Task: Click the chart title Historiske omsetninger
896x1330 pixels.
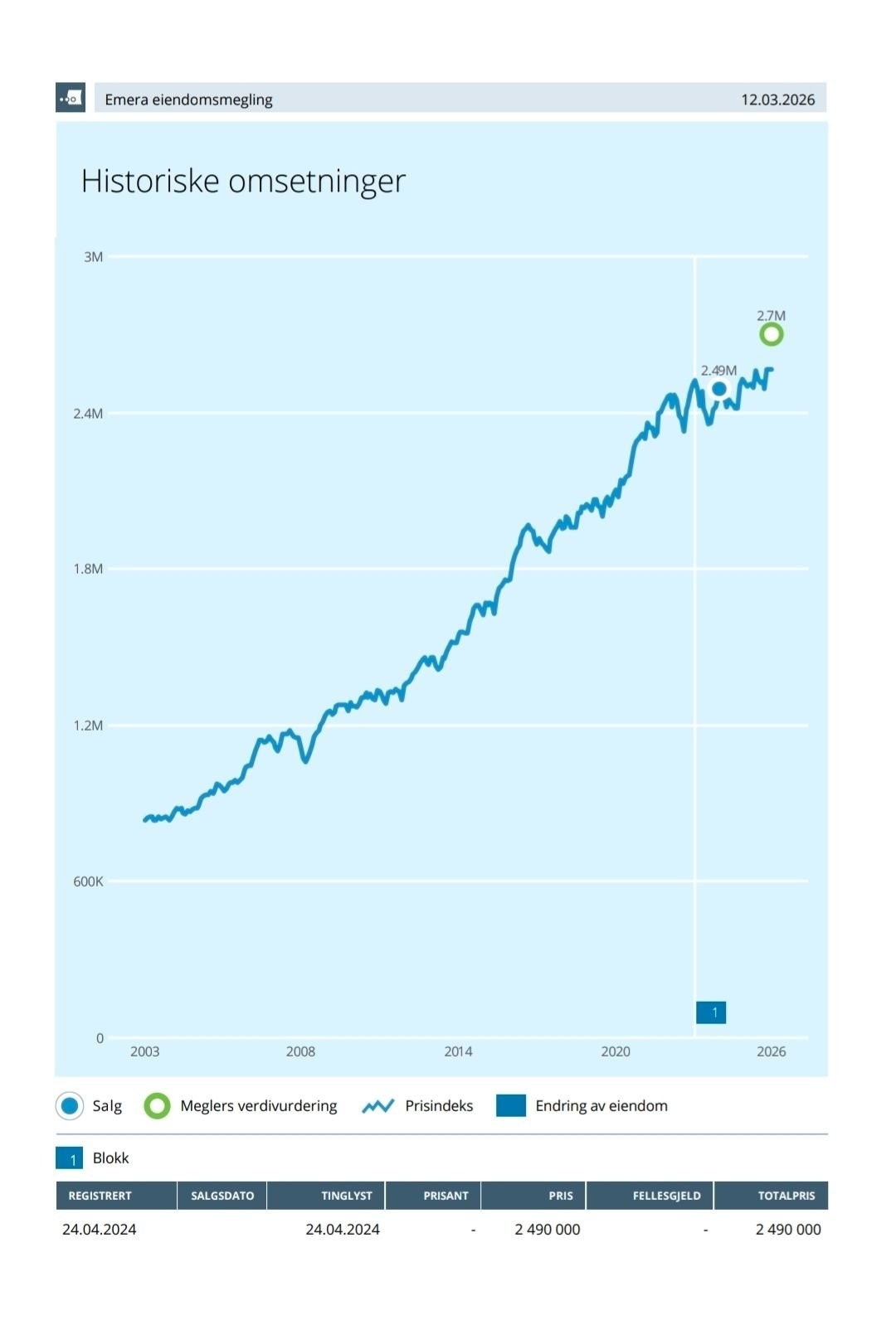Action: tap(243, 181)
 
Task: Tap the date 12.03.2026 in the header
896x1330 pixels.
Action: tap(777, 100)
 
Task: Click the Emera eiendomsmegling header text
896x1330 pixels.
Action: tap(188, 100)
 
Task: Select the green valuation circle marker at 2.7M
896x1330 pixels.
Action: tap(771, 334)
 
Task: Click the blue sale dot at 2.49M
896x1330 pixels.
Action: tap(719, 389)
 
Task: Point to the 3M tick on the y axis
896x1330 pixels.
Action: tap(93, 257)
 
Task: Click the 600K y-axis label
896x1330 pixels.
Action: tap(88, 881)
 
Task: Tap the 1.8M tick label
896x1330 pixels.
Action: tap(88, 569)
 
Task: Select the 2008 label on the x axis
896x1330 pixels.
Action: tap(300, 1051)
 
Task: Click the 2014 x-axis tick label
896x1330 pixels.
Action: tap(458, 1051)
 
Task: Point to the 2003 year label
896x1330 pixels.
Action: tap(145, 1051)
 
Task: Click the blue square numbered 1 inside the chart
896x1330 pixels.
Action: tap(711, 1012)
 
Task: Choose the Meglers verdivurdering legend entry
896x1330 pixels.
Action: tap(241, 1106)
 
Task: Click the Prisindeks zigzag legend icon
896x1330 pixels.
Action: tap(377, 1106)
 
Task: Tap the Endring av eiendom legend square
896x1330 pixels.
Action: tap(511, 1105)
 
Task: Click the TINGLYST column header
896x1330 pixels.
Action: tap(347, 1195)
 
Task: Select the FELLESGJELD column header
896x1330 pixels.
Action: tap(667, 1195)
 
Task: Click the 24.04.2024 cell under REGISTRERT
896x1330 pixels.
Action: tap(100, 1229)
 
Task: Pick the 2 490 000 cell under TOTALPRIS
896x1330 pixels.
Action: tap(788, 1229)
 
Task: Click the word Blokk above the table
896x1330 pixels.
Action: tap(110, 1158)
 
